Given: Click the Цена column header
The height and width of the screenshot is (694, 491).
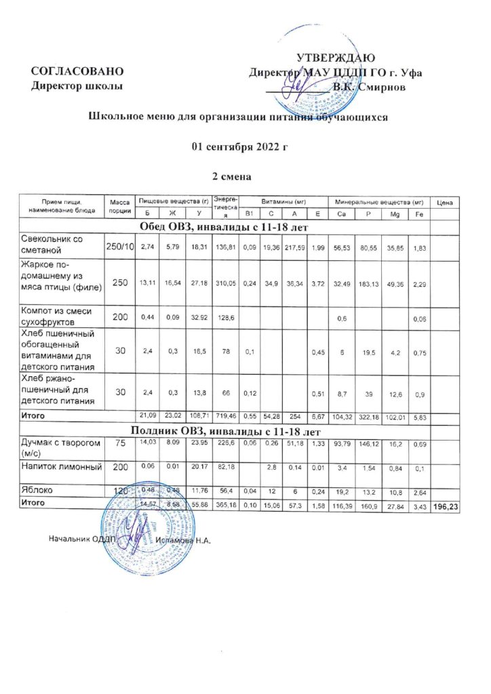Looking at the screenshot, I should pos(445,202).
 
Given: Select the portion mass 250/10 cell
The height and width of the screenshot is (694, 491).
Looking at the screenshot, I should pos(119,245).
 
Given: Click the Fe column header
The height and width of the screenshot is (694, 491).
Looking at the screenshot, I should pos(418,214).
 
